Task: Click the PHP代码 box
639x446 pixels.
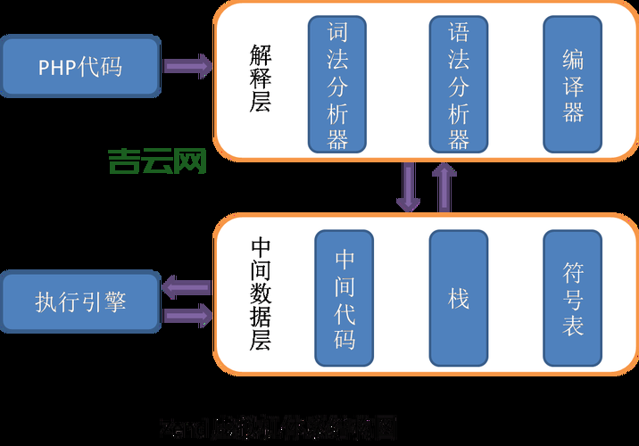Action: point(80,67)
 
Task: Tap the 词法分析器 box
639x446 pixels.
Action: point(338,84)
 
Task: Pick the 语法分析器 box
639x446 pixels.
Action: point(459,84)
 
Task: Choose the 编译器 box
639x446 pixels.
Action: point(573,84)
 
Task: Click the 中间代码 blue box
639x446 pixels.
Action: point(344,299)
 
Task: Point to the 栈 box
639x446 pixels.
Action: point(459,299)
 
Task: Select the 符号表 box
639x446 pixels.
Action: point(573,299)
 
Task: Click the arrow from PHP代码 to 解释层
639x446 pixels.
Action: point(187,66)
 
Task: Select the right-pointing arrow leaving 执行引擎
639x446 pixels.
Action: point(187,314)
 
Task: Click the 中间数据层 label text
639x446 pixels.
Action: point(261,293)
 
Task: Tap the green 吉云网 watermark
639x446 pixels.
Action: point(157,161)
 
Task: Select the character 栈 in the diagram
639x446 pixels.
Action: point(459,299)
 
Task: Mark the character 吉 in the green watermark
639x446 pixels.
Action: point(124,161)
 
